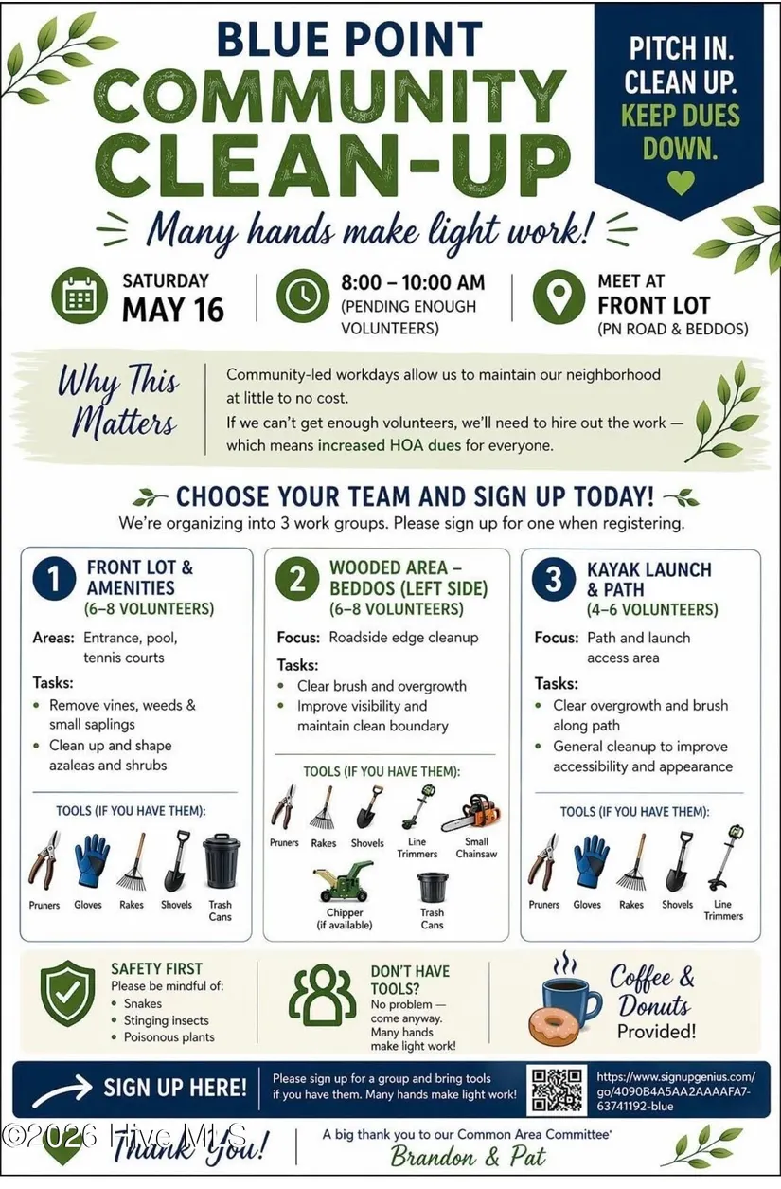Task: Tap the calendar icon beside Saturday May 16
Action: pyautogui.click(x=80, y=296)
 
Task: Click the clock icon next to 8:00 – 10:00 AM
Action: pyautogui.click(x=303, y=296)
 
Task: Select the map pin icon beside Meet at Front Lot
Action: pyautogui.click(x=559, y=297)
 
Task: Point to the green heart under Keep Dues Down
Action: pyautogui.click(x=681, y=182)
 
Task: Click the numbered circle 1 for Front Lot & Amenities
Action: pyautogui.click(x=54, y=579)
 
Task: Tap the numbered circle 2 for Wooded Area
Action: pyautogui.click(x=297, y=579)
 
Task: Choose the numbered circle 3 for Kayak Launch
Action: pyautogui.click(x=554, y=579)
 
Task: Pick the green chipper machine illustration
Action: pyautogui.click(x=343, y=882)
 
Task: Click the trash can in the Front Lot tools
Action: pyautogui.click(x=222, y=862)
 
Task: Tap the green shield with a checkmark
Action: pyautogui.click(x=67, y=993)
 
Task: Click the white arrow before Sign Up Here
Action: pyautogui.click(x=62, y=1090)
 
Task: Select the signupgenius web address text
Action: pyautogui.click(x=676, y=1091)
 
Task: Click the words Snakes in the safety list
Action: pyautogui.click(x=143, y=1003)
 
